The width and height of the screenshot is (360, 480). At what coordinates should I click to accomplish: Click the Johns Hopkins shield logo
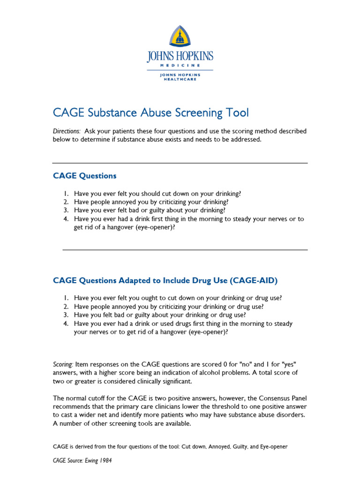point(180,37)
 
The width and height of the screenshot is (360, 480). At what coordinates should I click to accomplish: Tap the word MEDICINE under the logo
point(180,65)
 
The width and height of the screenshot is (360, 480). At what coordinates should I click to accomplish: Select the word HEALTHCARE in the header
point(180,79)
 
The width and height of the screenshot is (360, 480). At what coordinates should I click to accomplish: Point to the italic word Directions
point(66,132)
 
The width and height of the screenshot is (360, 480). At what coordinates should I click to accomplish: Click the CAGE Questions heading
point(84,176)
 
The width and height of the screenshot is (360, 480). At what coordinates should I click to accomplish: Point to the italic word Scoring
point(63,364)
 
